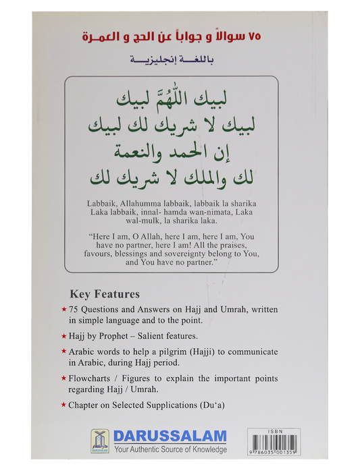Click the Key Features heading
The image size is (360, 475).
click(x=105, y=294)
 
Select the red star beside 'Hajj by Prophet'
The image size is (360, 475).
click(x=63, y=335)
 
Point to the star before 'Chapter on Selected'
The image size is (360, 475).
click(x=63, y=406)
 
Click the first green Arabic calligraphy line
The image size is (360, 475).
click(x=172, y=102)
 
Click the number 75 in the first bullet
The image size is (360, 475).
click(x=74, y=309)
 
